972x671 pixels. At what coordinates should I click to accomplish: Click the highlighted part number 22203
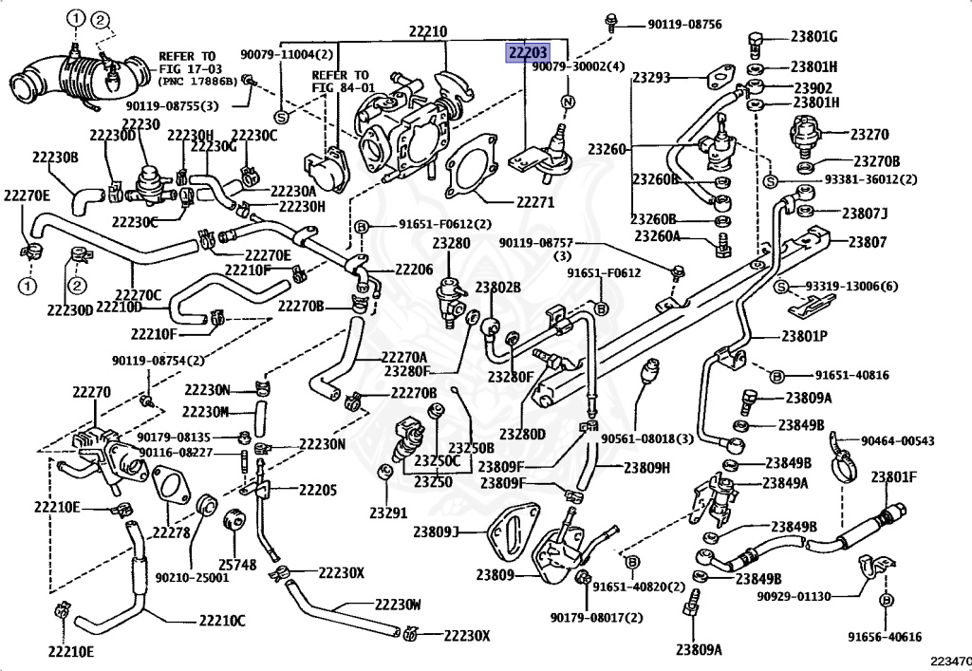click(528, 54)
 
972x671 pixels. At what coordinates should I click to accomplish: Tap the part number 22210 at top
click(428, 31)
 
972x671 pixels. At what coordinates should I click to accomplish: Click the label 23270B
click(876, 161)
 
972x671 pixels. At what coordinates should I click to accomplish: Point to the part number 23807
click(868, 242)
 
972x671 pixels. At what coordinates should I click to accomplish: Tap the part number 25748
click(236, 565)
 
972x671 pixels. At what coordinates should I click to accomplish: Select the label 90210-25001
click(192, 577)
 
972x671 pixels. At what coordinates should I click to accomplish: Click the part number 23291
click(388, 513)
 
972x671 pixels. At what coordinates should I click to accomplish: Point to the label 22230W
click(398, 604)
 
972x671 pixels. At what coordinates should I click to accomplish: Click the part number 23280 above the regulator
click(451, 244)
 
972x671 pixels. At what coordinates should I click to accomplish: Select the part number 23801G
click(813, 37)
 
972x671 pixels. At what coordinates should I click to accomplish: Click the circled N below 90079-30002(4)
click(568, 102)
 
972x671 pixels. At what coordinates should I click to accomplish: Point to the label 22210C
click(222, 620)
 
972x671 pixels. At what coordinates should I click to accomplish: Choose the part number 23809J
click(436, 531)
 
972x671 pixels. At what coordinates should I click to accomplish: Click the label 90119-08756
click(685, 25)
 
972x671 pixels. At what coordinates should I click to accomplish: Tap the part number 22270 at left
click(92, 392)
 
